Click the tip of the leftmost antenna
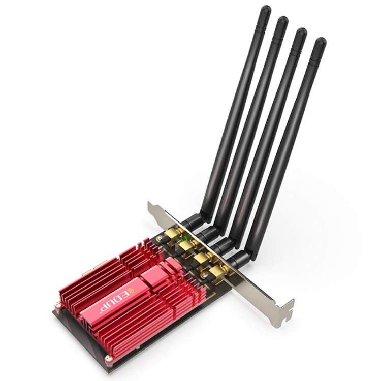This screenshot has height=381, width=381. [x=265, y=11]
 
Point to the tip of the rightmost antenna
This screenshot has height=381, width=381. [x=319, y=43]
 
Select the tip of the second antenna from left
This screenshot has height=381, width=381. [x=282, y=22]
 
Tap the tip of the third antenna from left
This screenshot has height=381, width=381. [x=300, y=33]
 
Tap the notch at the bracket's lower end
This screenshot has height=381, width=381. [x=287, y=307]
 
